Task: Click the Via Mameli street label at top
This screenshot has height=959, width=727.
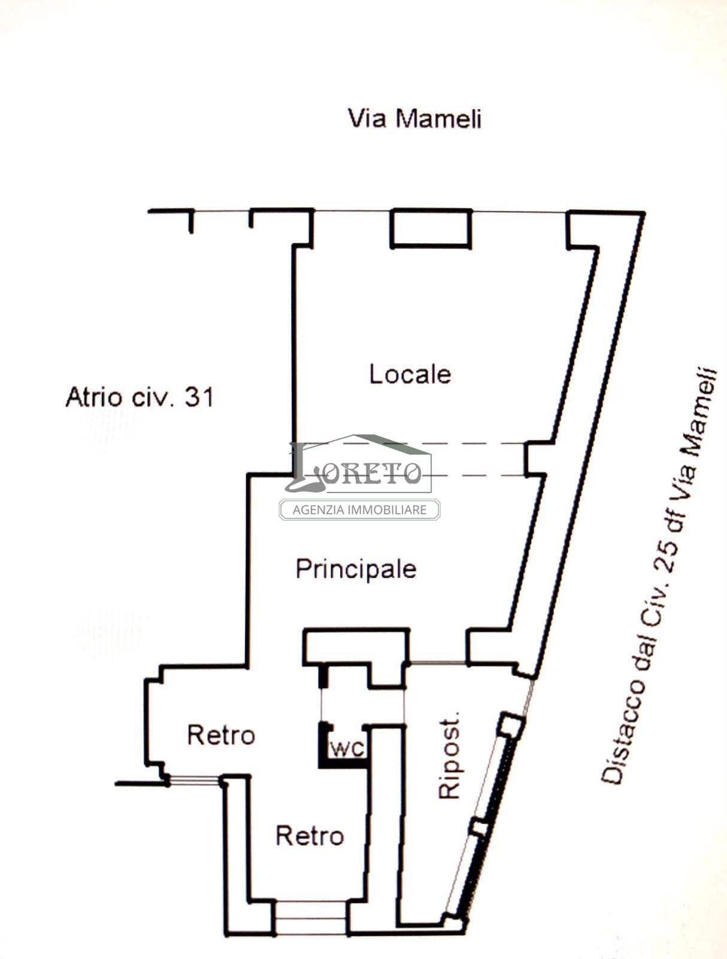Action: coord(414,119)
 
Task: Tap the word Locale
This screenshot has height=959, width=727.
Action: coord(410,374)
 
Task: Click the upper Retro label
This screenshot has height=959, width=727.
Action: coord(221,735)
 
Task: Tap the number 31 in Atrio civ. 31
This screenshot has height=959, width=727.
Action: coord(199,397)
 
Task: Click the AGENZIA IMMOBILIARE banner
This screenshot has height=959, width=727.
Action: coord(359,509)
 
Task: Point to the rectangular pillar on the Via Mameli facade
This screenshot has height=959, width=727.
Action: coord(431,228)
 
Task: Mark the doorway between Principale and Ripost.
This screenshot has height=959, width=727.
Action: coord(438,664)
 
